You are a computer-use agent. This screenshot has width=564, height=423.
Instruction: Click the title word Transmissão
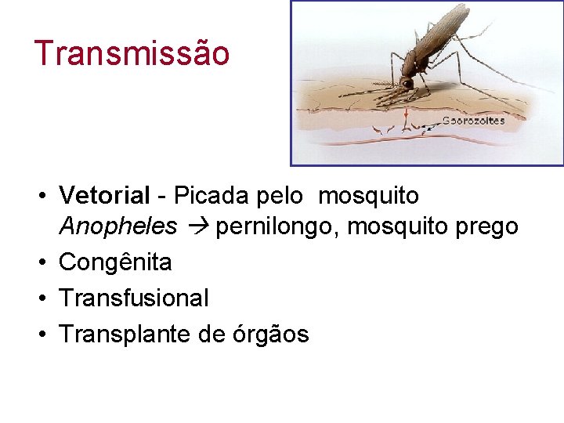132,53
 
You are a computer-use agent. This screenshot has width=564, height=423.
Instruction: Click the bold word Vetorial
104,194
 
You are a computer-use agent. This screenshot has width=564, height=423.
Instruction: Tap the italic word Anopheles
118,226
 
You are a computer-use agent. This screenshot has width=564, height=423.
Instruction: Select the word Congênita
115,262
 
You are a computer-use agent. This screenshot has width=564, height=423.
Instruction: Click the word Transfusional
134,298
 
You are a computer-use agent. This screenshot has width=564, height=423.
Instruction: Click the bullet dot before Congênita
46,262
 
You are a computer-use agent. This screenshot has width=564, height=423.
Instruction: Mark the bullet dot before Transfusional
46,298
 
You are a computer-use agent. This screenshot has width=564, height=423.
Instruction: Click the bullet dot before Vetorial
46,195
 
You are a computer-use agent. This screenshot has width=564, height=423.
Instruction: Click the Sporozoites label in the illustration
473,121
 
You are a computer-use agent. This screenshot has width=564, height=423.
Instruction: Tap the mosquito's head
407,81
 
